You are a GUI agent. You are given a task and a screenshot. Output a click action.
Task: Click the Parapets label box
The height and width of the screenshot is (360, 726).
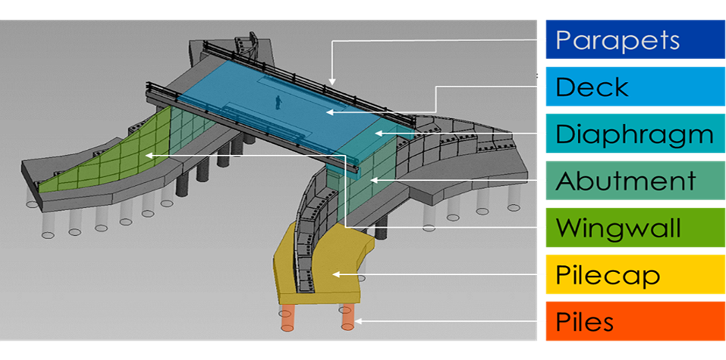click(635, 40)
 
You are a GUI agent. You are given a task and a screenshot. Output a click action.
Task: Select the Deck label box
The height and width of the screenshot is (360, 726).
click(635, 87)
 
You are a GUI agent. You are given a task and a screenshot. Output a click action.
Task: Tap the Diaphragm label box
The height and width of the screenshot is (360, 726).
click(635, 134)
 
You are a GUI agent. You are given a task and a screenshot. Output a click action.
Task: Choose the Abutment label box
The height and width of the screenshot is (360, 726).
click(635, 181)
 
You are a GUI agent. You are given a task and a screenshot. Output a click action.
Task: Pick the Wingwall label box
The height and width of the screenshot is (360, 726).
click(635, 228)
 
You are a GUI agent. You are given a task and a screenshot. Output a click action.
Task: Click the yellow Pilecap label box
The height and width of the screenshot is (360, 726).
click(635, 275)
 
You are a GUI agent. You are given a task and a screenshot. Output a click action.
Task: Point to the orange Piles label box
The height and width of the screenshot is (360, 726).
click(635, 322)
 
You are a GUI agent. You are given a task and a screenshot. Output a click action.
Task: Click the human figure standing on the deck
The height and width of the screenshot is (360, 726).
click(278, 101)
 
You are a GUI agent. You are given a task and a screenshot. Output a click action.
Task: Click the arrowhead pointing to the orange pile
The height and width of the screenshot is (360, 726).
click(357, 322)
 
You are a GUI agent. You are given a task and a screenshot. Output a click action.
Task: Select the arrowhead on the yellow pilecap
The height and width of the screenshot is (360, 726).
click(336, 274)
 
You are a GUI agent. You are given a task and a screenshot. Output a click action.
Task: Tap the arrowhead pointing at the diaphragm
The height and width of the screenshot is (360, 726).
click(377, 133)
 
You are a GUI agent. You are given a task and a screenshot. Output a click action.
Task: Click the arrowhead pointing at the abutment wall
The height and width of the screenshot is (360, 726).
click(371, 180)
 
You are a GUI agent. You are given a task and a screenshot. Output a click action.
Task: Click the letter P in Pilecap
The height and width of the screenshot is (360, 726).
click(563, 275)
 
